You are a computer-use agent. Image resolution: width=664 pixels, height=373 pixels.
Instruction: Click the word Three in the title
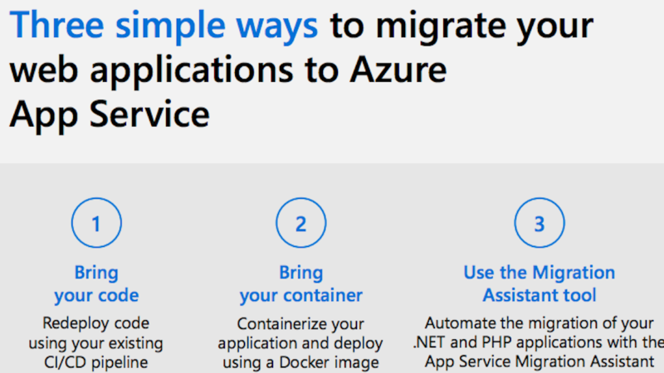[x=56, y=25]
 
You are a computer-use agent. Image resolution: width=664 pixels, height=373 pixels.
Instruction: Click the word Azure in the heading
[x=398, y=70]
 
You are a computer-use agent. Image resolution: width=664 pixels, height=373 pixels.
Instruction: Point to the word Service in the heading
[x=149, y=114]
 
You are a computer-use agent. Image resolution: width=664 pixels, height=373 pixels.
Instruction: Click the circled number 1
[x=96, y=223]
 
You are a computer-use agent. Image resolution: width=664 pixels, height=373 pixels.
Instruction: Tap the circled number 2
[x=301, y=223]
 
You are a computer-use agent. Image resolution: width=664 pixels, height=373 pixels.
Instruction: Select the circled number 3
[x=539, y=223]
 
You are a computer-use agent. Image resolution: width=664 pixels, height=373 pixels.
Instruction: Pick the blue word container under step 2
[x=323, y=295]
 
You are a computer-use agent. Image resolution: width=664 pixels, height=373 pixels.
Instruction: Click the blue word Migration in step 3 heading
[x=574, y=273]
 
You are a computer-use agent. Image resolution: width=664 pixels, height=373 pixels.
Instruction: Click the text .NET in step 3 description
[x=429, y=342]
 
